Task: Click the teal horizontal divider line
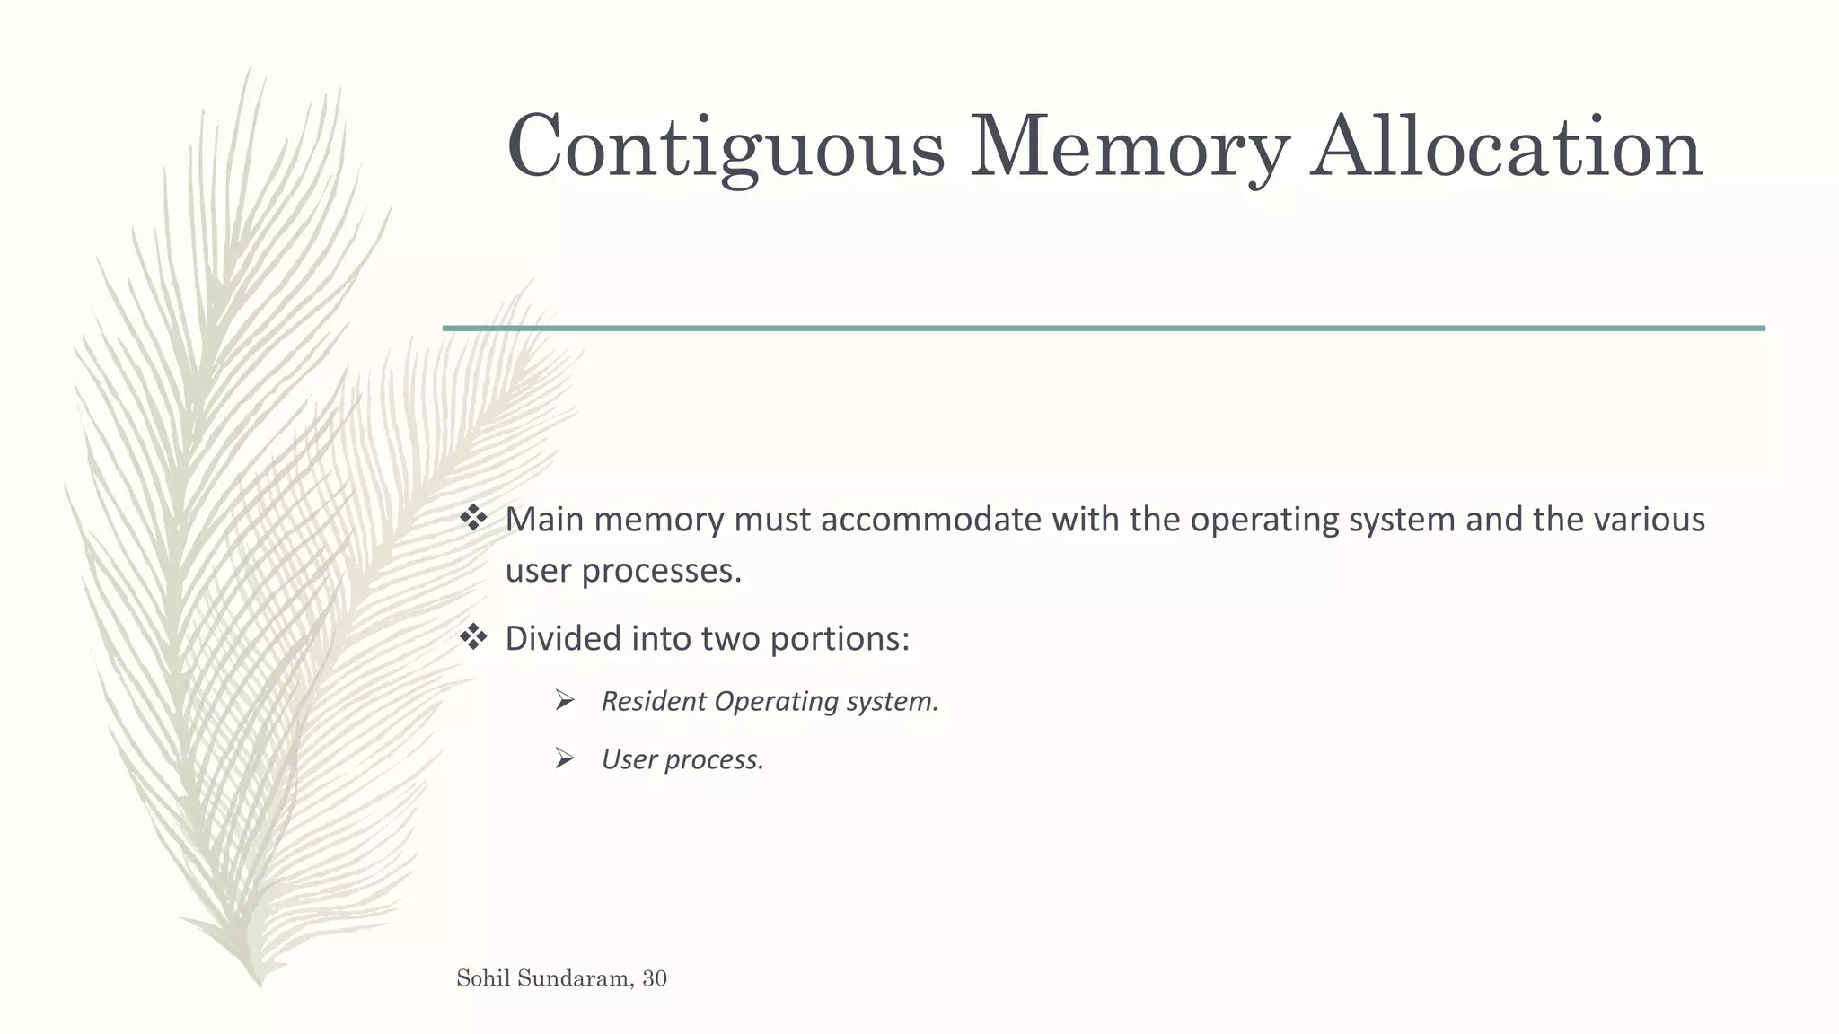tap(1104, 329)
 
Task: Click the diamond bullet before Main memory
tap(473, 518)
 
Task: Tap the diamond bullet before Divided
tap(473, 637)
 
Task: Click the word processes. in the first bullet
tap(662, 572)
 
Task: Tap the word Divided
tap(563, 638)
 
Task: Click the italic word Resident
tap(654, 701)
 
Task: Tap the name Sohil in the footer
tap(481, 978)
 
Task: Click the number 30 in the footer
tap(655, 979)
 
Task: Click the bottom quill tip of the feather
tap(259, 982)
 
